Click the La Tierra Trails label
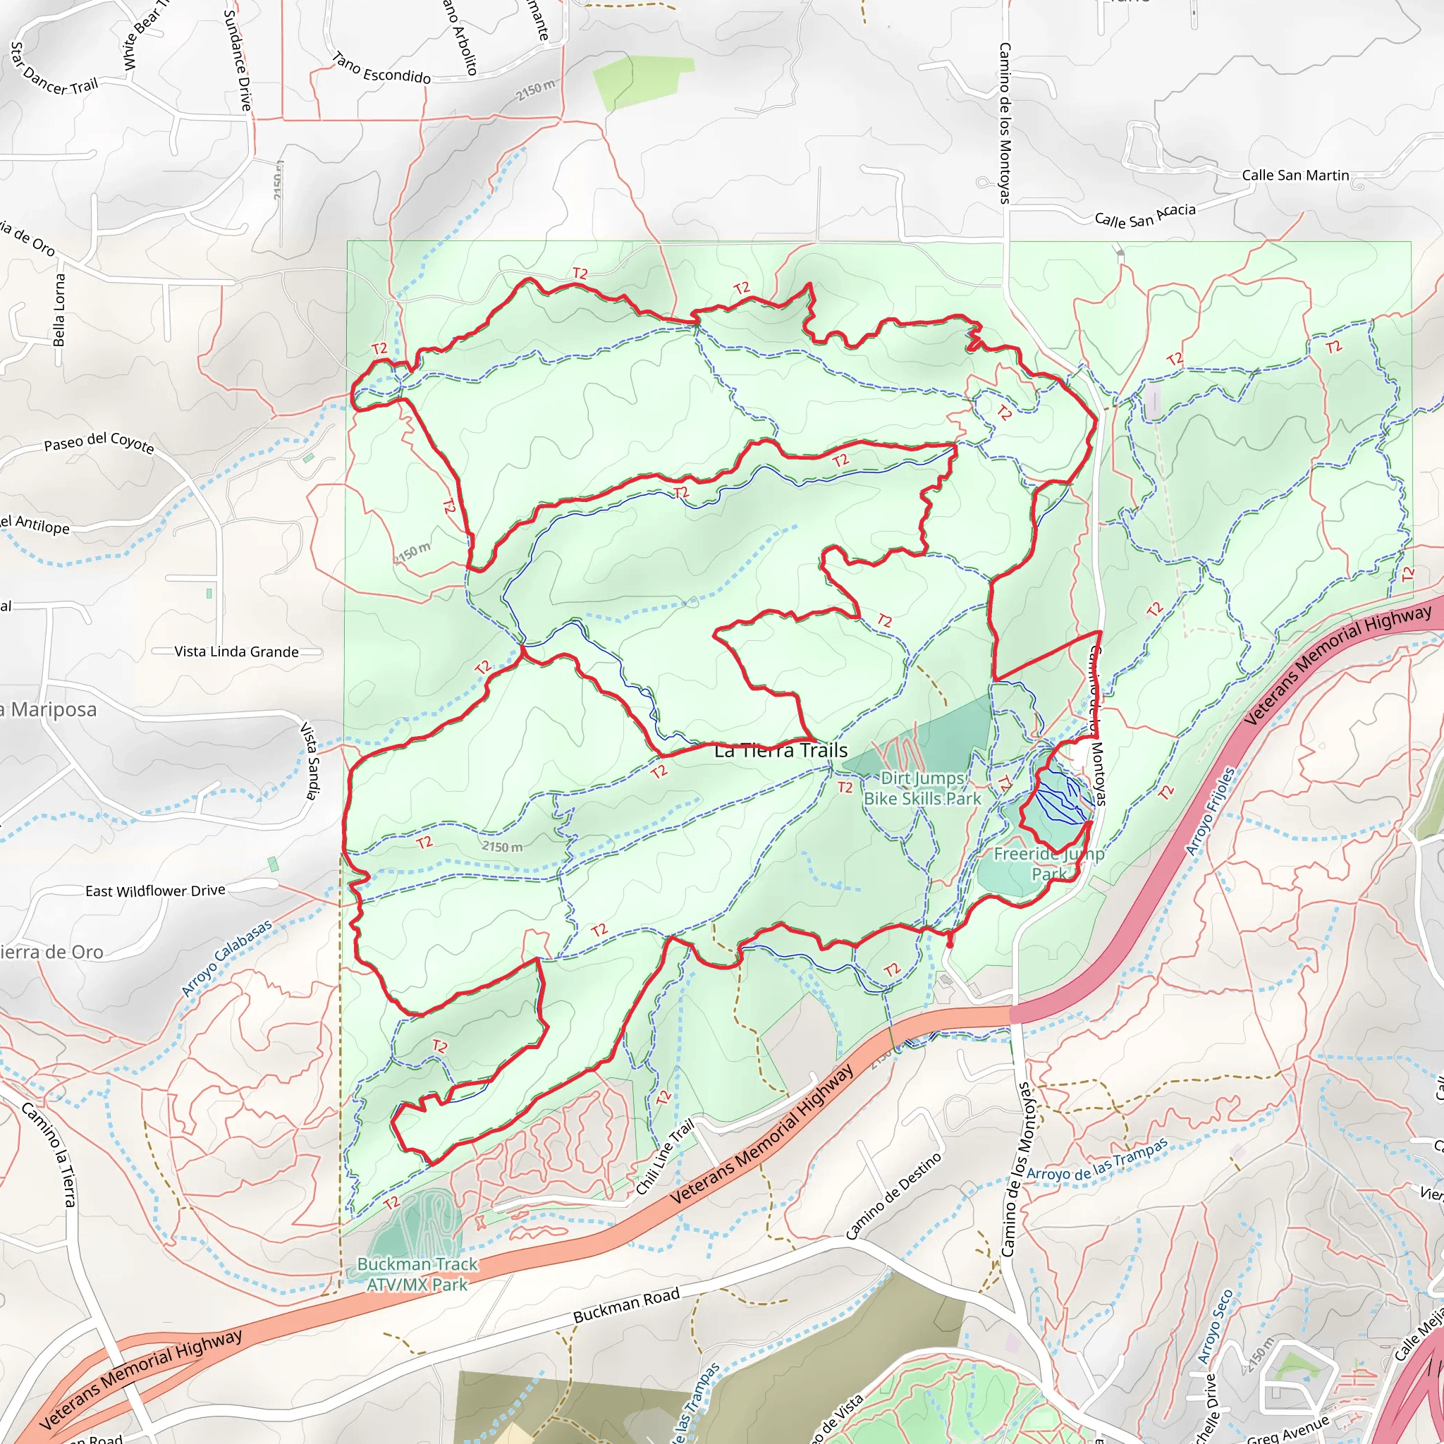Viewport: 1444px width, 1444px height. point(781,750)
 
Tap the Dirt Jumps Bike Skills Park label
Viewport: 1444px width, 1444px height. point(922,788)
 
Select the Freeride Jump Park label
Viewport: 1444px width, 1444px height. point(1048,863)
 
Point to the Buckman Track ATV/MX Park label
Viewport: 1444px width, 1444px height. point(417,1274)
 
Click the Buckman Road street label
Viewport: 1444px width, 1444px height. point(626,1305)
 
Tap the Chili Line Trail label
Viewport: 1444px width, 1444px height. point(665,1157)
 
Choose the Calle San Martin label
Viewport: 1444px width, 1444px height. point(1295,176)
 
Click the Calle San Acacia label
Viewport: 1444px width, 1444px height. point(1145,216)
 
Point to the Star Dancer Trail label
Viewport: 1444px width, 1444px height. point(54,70)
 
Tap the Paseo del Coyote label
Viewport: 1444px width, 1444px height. point(99,443)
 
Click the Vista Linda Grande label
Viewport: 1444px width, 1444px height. point(236,651)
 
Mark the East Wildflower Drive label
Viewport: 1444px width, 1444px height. point(154,891)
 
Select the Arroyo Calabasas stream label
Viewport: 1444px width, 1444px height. point(226,958)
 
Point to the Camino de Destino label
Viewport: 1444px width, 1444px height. point(893,1197)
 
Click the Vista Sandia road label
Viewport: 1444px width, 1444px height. point(310,760)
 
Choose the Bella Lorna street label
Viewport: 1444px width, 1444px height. point(60,310)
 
